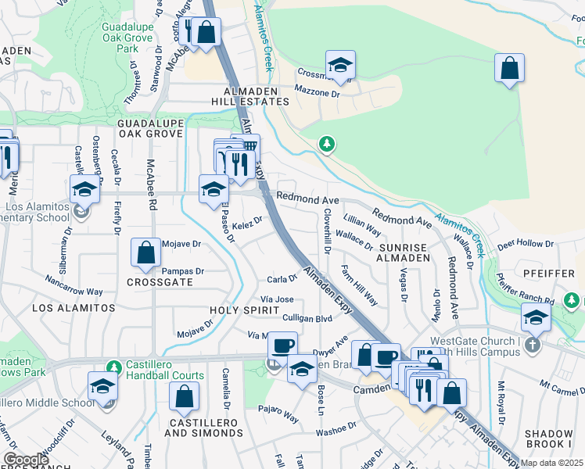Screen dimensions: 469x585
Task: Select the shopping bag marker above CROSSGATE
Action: (145, 253)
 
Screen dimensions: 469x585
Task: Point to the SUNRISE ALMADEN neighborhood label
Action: (402, 250)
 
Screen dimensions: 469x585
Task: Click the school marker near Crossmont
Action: (340, 66)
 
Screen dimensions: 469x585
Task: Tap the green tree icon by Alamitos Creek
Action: (327, 144)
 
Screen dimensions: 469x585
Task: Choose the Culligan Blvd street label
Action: (307, 319)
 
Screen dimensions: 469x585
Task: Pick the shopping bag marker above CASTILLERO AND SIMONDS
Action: (184, 397)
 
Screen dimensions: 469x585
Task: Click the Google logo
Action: (26, 460)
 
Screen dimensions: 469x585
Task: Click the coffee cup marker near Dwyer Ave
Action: (284, 344)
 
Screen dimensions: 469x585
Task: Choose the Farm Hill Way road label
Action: (359, 285)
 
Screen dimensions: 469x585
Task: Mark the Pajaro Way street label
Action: (278, 414)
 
